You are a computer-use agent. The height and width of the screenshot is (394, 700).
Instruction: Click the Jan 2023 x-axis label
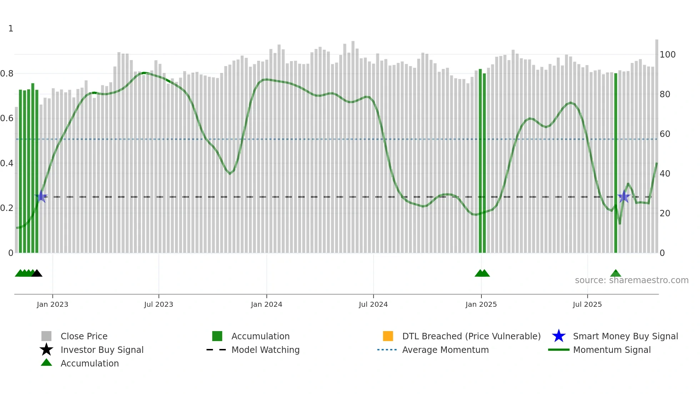(52, 305)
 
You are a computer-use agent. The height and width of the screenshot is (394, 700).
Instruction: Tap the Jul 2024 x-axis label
(373, 305)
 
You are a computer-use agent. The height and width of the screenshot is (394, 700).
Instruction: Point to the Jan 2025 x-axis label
(481, 305)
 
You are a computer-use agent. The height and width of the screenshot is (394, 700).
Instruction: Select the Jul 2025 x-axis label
(587, 305)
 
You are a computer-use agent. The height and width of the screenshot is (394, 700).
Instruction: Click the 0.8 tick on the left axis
(7, 74)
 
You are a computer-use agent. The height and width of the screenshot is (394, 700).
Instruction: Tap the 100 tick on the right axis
(667, 55)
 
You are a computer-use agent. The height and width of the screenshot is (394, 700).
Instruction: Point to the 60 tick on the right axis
(665, 134)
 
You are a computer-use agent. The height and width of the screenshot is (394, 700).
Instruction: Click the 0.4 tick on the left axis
(7, 163)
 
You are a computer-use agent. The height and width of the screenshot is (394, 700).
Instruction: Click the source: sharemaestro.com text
(631, 280)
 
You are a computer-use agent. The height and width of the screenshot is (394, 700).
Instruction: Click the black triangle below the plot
(37, 274)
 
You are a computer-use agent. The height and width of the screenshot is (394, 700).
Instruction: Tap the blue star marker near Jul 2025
(624, 197)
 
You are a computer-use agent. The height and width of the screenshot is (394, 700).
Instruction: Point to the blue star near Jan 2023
(41, 197)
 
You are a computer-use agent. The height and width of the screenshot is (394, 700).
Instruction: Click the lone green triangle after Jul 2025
(616, 274)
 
